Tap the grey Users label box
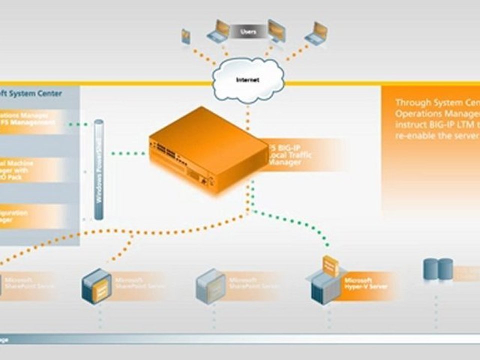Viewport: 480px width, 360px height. [248, 31]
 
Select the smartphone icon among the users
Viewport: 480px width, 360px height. [186, 36]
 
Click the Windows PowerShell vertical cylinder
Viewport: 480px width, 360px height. [99, 170]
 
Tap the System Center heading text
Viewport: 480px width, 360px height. [32, 93]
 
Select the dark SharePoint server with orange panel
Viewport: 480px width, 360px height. [96, 286]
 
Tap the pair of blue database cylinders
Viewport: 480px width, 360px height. [438, 269]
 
